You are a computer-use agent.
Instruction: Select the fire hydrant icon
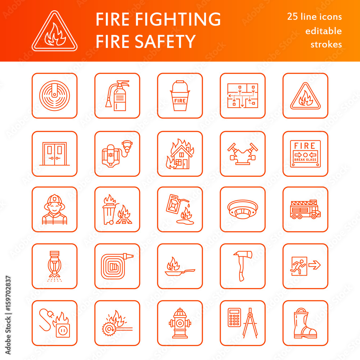point(180,323)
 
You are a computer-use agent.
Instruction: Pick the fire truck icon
point(305,210)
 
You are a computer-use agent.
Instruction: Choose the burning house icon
point(180,154)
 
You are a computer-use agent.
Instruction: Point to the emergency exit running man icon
point(299,266)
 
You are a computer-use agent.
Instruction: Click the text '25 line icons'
point(314,17)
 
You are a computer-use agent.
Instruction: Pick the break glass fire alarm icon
point(305,154)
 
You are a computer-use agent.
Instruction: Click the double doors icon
point(54,154)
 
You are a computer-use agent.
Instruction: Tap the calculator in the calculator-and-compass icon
point(234,317)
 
